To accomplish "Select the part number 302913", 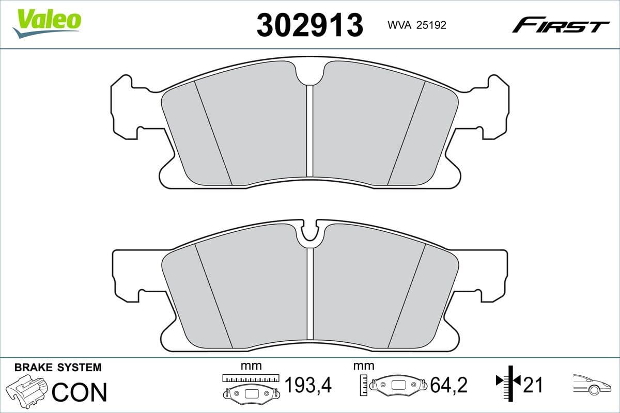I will pyautogui.click(x=309, y=25).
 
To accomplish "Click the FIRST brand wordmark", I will pyautogui.click(x=561, y=25).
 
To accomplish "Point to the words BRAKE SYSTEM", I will pyautogui.click(x=58, y=368).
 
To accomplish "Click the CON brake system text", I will pyautogui.click(x=80, y=392).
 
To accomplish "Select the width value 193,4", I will pyautogui.click(x=308, y=385).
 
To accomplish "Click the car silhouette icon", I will pyautogui.click(x=592, y=384).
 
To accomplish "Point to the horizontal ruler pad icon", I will pyautogui.click(x=251, y=387).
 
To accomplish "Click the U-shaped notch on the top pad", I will pyautogui.click(x=310, y=75).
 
